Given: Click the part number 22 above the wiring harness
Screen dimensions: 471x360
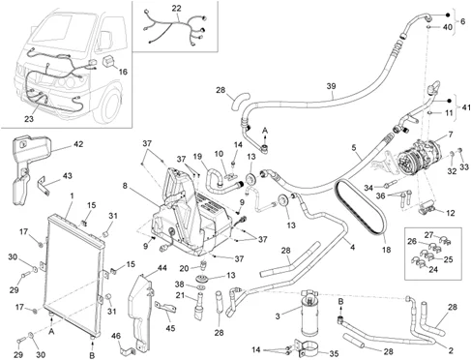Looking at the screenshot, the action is (176, 9).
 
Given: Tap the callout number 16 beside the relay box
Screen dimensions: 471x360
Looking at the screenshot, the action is (123, 72).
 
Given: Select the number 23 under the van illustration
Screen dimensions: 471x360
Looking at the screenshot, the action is (29, 119).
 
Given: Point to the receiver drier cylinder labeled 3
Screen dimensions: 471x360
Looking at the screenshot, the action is (309, 313).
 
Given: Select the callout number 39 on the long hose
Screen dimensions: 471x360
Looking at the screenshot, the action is (331, 86).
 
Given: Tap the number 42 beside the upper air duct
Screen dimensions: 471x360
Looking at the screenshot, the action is (78, 144).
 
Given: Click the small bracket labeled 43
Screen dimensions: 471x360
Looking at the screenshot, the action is (44, 187).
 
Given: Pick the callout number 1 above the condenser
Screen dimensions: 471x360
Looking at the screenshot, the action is (72, 195).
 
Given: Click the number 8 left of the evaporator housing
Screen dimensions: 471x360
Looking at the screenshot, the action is (126, 186).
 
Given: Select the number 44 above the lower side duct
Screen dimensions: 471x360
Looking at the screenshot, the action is (162, 268).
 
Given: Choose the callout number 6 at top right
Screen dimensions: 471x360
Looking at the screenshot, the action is (463, 21).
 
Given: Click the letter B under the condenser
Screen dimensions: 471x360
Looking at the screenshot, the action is (92, 355).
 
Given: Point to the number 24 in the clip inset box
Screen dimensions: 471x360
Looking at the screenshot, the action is (433, 269).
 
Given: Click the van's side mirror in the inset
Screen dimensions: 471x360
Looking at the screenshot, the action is (105, 40).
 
